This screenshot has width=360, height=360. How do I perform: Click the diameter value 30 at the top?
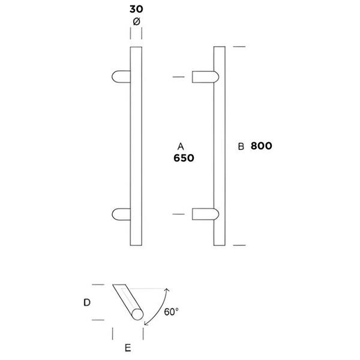pyautogui.click(x=136, y=9)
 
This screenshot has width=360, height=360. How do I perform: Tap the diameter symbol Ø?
pyautogui.click(x=136, y=22)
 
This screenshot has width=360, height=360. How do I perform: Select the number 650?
pyautogui.click(x=184, y=158)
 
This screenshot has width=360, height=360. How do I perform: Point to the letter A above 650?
pyautogui.click(x=181, y=146)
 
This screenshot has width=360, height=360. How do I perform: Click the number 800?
pyautogui.click(x=261, y=146)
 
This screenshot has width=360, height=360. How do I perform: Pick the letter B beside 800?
pyautogui.click(x=241, y=146)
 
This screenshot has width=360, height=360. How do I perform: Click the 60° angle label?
pyautogui.click(x=171, y=312)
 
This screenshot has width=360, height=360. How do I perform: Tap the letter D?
pyautogui.click(x=87, y=302)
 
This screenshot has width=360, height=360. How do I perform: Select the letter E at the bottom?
pyautogui.click(x=128, y=348)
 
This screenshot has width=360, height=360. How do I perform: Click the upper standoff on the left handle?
pyautogui.click(x=121, y=77)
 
